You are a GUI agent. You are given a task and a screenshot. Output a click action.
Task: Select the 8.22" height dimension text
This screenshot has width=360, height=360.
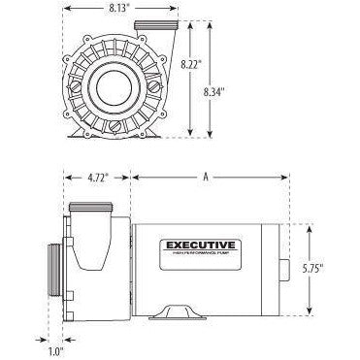191,63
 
